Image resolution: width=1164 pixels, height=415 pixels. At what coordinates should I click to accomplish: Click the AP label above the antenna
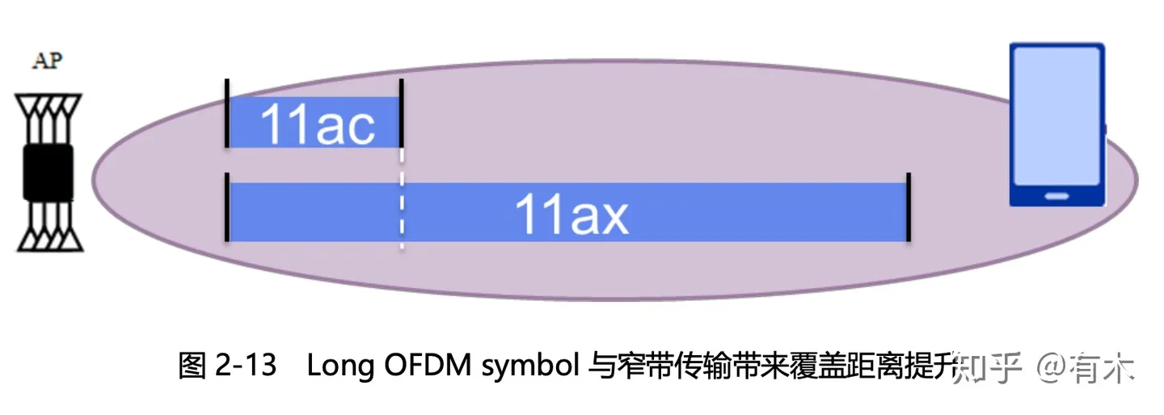click(48, 61)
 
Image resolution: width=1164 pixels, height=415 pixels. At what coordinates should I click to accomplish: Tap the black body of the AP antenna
click(48, 172)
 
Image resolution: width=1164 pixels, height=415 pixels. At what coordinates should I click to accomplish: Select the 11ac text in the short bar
click(317, 125)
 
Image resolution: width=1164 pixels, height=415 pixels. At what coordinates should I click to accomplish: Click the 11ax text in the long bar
click(571, 214)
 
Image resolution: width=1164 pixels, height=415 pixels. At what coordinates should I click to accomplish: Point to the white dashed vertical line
click(402, 202)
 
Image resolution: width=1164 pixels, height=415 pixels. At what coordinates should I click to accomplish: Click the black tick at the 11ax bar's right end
click(909, 207)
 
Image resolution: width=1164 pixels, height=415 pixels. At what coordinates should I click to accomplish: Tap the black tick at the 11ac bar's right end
click(401, 113)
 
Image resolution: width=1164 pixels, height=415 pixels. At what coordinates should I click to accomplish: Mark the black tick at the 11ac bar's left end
click(227, 113)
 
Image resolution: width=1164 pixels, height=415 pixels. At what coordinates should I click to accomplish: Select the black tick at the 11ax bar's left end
click(227, 207)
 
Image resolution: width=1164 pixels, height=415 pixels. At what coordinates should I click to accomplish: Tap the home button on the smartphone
click(1056, 196)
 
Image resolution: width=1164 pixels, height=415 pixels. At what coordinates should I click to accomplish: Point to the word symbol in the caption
click(528, 367)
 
